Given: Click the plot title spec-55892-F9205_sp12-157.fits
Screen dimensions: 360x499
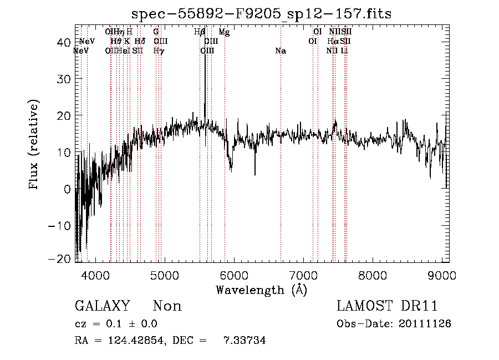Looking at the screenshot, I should pyautogui.click(x=262, y=14).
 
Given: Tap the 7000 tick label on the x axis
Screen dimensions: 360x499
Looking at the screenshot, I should pyautogui.click(x=303, y=275).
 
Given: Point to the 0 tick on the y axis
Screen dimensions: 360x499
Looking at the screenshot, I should pyautogui.click(x=67, y=189).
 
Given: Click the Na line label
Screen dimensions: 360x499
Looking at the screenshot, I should pyautogui.click(x=281, y=50).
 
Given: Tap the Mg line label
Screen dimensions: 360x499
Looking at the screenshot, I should pyautogui.click(x=224, y=32).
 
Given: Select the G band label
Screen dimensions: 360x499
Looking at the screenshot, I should pyautogui.click(x=156, y=32).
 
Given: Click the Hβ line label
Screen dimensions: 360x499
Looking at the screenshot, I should pyautogui.click(x=200, y=32).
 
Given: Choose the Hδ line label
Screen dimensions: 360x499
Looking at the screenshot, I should pyautogui.click(x=140, y=41).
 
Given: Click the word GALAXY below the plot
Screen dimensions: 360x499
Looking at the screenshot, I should pyautogui.click(x=102, y=306).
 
